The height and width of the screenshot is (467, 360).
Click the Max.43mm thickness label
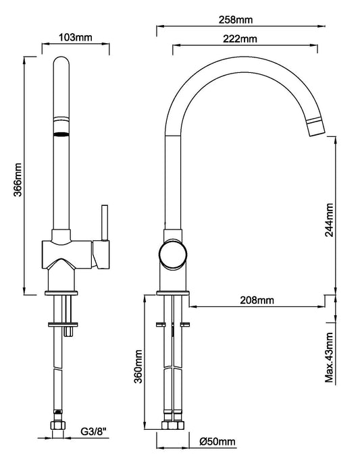(329, 356)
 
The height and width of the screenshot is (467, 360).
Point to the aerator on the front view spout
(61, 133)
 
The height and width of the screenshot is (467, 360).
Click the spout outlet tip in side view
(315, 126)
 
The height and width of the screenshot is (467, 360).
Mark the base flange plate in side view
(173, 292)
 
